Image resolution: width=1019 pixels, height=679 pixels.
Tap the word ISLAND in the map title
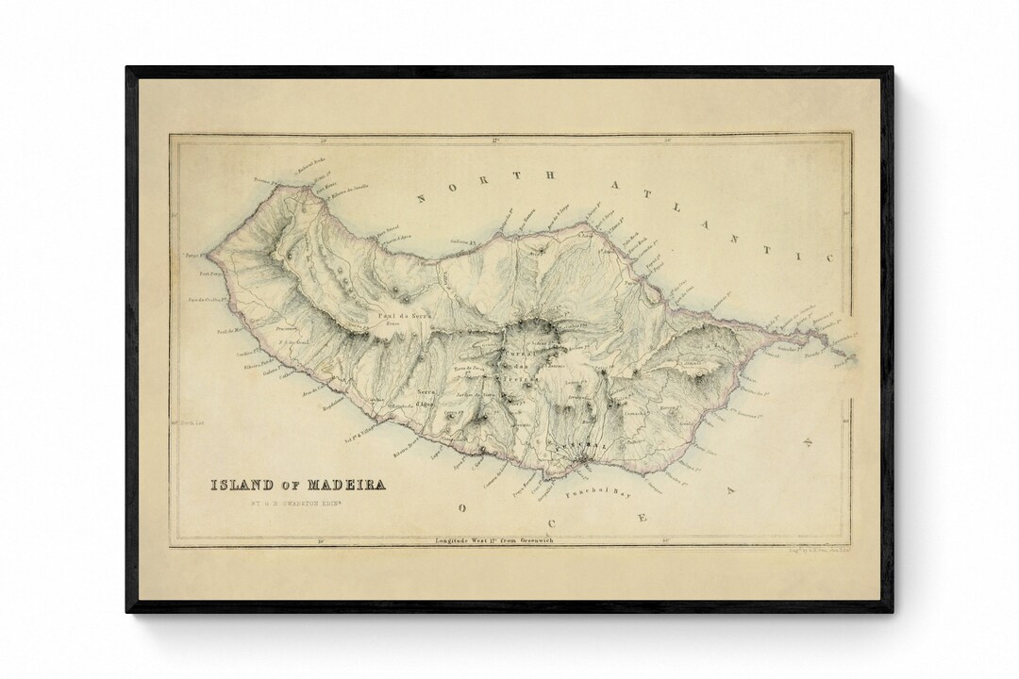coord(242,486)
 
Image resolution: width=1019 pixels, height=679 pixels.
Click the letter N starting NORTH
coord(422,199)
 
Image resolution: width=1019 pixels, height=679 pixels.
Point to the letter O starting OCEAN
coord(461,508)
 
